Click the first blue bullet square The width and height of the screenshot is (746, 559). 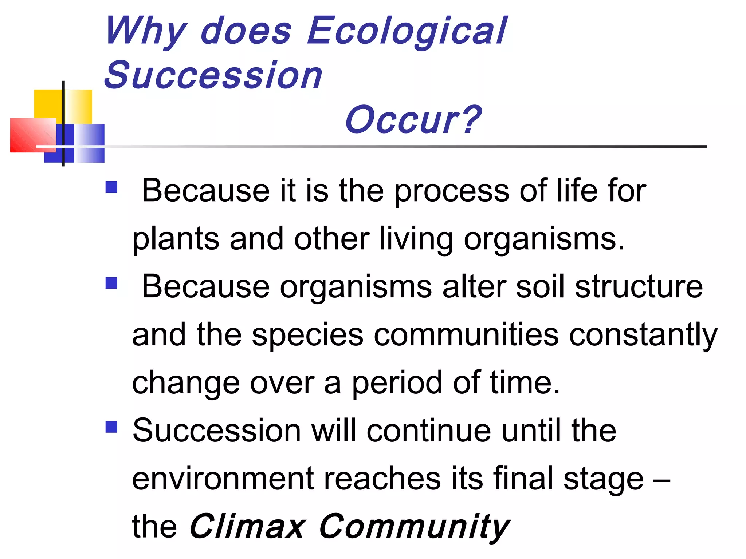point(111,187)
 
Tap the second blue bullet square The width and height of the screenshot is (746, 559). point(111,283)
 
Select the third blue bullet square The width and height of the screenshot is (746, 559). point(111,427)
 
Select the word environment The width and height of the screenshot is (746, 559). point(223,479)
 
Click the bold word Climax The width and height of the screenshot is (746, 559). point(247,527)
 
